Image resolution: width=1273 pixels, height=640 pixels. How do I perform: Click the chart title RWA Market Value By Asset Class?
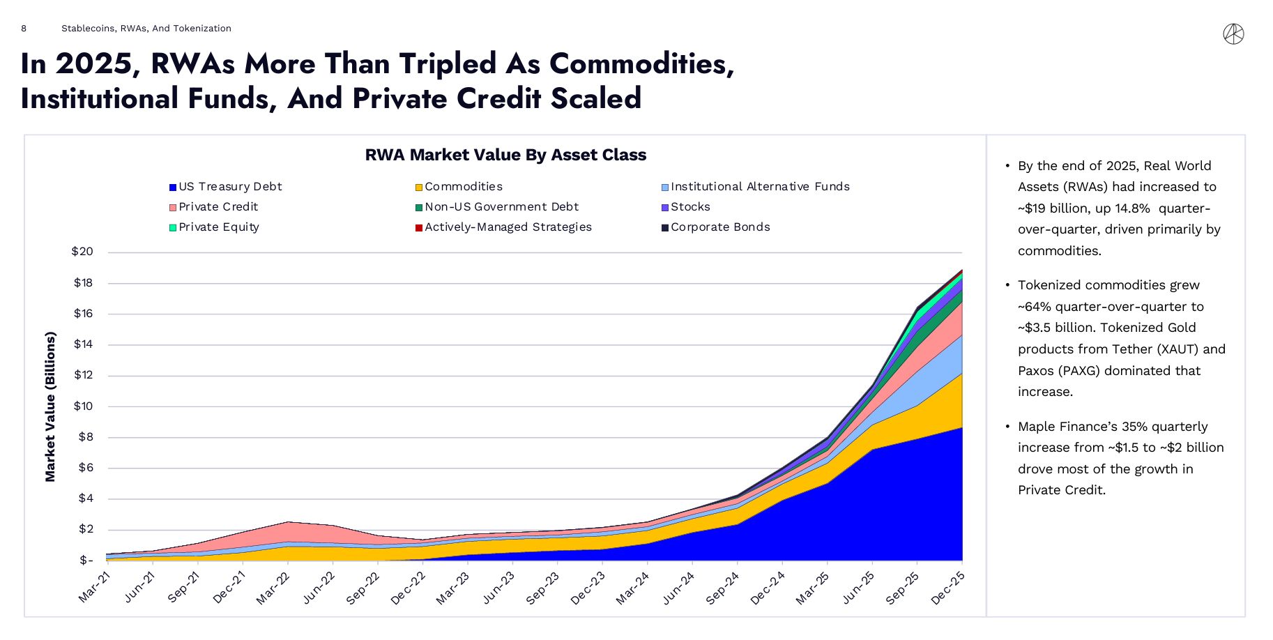[x=505, y=155]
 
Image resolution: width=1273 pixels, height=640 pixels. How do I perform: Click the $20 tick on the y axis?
[x=82, y=252]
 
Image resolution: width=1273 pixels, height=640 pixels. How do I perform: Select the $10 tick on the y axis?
[x=82, y=406]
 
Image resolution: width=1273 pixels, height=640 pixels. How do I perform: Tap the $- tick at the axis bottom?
[x=86, y=561]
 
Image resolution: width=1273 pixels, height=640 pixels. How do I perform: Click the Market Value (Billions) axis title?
[x=50, y=406]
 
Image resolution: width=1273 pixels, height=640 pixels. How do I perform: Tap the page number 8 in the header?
[x=24, y=29]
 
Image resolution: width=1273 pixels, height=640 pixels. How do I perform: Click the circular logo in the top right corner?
[x=1233, y=34]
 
